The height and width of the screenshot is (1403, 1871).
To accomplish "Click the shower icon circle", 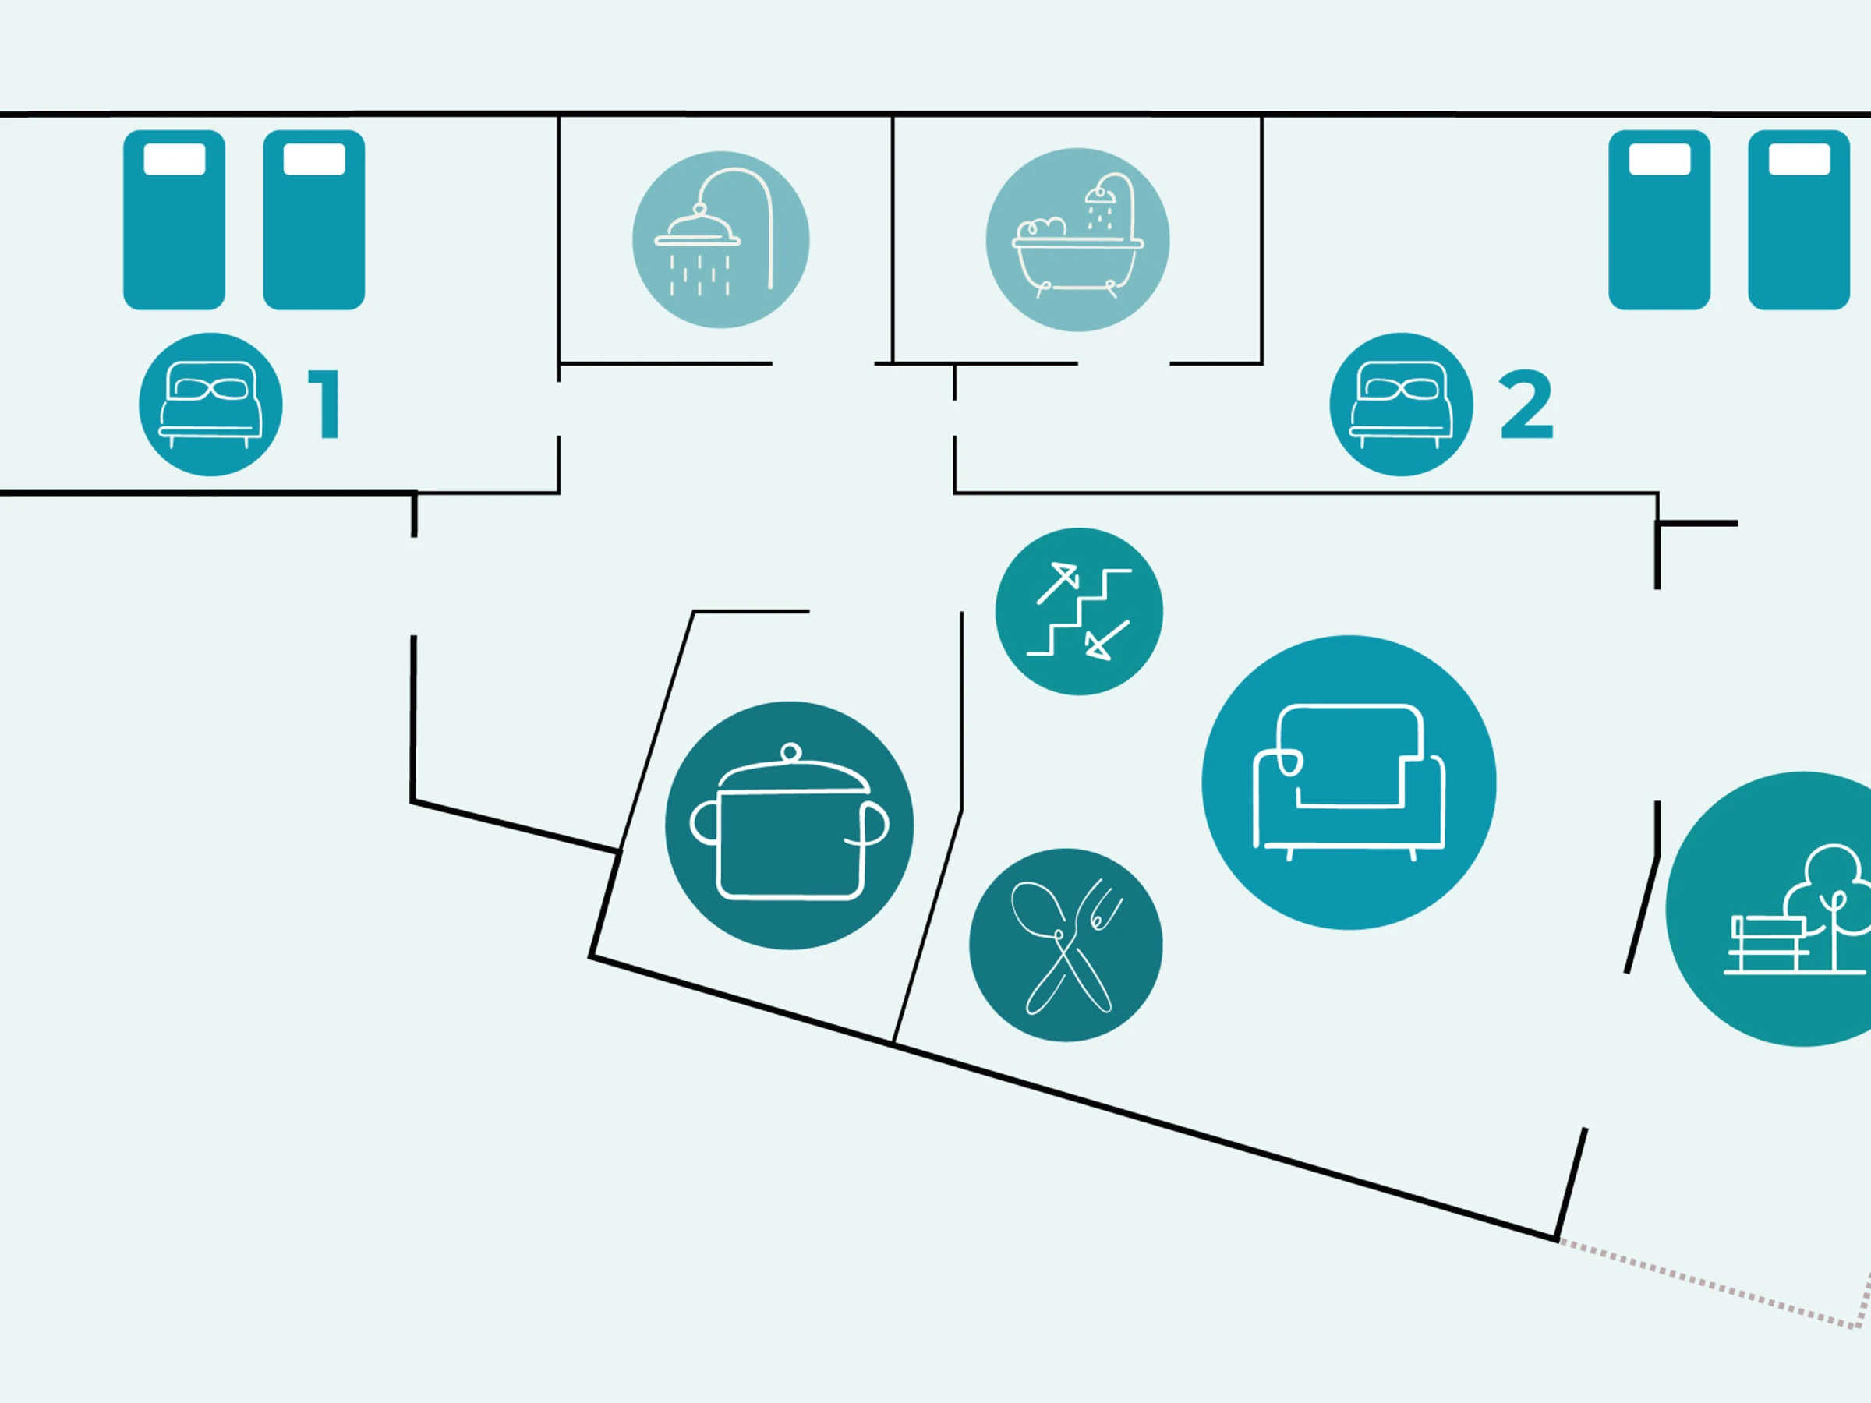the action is [720, 239].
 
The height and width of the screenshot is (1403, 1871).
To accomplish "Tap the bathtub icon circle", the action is [1077, 239].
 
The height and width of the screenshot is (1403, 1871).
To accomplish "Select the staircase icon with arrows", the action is [1078, 611].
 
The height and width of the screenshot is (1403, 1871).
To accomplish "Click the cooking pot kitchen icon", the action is [789, 825].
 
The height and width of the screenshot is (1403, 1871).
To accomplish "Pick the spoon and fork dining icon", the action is [1066, 945].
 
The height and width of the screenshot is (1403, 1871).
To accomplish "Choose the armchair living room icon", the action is [1349, 783].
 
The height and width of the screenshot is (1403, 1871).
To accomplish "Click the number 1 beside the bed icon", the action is [324, 405].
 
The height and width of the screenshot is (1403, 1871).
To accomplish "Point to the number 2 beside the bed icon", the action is [1526, 405].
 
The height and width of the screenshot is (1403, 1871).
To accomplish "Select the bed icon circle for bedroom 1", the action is [210, 405].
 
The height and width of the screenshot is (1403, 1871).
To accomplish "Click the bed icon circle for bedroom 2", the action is [1401, 405].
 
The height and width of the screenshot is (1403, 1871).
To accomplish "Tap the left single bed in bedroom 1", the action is [175, 220].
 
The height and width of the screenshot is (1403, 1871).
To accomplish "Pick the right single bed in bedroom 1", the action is [314, 220].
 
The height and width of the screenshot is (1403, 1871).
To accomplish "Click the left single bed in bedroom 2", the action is [1660, 220].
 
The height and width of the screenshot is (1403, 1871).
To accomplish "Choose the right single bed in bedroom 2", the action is [1799, 220].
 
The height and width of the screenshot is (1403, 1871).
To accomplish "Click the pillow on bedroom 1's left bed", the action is [175, 159].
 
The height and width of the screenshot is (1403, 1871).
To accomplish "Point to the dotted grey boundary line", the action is [1717, 1285].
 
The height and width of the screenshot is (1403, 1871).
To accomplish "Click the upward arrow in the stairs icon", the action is [1058, 583].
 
